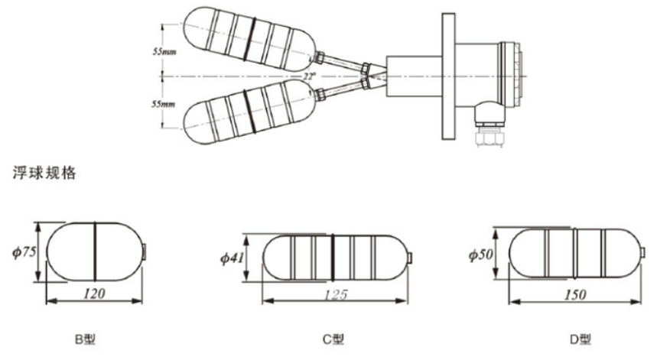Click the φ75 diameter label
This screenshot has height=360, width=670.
tap(24, 252)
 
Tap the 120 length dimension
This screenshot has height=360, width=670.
tap(94, 294)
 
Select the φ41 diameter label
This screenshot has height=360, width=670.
tap(232, 258)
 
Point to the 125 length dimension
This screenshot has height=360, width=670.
tap(336, 295)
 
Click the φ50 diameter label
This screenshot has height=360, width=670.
tap(481, 255)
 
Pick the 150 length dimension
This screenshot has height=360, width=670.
tap(575, 295)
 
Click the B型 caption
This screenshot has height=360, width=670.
tap(86, 339)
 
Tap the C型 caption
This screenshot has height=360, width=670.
tap(333, 339)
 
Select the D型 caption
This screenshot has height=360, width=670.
tap(581, 339)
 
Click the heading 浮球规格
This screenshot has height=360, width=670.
tap(44, 173)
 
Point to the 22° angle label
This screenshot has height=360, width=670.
tap(309, 76)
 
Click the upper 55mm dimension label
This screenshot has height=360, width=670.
tap(164, 52)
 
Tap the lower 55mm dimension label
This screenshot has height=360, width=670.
tap(163, 104)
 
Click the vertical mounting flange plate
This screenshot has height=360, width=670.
tap(448, 76)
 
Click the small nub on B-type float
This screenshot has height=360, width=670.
tap(145, 251)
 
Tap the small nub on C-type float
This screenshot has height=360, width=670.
tap(410, 258)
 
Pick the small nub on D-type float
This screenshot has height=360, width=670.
tap(643, 253)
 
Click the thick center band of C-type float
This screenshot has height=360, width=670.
tap(333, 258)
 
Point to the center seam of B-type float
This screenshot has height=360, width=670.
tap(94, 251)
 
